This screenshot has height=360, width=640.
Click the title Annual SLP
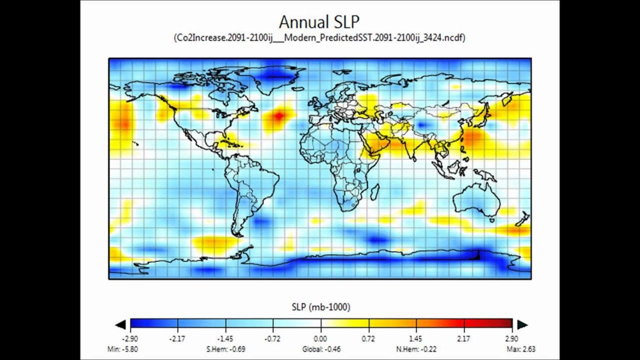point(319,22)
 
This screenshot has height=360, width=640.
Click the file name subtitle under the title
point(319,37)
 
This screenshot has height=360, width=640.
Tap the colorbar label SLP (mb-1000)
point(320,306)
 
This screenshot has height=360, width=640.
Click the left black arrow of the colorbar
point(120,325)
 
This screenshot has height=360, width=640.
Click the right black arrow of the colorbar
point(522,325)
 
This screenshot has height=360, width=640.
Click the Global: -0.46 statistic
point(321,349)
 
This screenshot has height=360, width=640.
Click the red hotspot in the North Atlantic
point(278,116)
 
